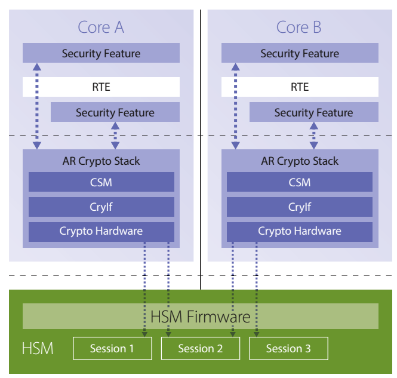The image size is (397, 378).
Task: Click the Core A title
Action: (x=101, y=27)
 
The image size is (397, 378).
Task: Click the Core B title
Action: (x=299, y=27)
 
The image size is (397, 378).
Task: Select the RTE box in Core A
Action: (x=101, y=87)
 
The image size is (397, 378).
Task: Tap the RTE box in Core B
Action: (x=300, y=87)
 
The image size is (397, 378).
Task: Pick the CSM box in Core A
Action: (x=101, y=182)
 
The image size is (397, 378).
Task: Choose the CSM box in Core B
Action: (x=300, y=182)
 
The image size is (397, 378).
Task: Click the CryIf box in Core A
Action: (x=101, y=207)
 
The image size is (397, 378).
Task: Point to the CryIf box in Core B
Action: (x=300, y=207)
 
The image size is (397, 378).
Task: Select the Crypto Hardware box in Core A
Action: (x=101, y=231)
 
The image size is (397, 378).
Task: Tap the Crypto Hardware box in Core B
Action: (x=300, y=231)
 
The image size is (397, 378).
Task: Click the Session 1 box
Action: (x=112, y=349)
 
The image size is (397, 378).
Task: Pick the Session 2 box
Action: (x=201, y=349)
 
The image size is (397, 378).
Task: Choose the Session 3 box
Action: (x=288, y=349)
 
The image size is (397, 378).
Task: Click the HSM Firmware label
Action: (x=201, y=316)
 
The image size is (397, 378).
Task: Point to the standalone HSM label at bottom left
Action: (x=38, y=348)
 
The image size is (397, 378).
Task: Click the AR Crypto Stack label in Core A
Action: (x=101, y=161)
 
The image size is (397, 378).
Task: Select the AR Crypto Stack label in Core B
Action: (x=300, y=161)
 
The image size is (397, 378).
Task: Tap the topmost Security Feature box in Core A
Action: (x=101, y=54)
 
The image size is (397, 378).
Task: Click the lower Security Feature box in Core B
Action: (x=313, y=112)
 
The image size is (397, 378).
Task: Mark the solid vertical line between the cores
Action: (x=201, y=149)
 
